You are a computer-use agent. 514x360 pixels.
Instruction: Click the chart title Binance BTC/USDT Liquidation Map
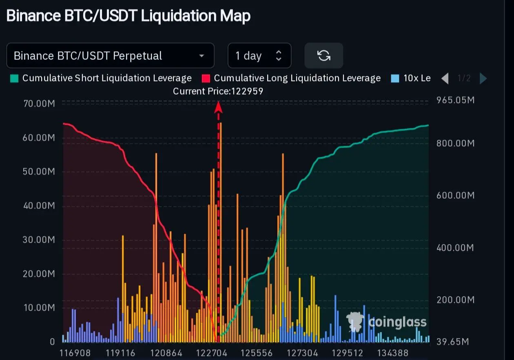coord(128,16)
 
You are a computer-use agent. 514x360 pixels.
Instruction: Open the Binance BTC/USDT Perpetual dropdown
coord(110,56)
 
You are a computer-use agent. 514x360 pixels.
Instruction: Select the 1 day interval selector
coord(259,56)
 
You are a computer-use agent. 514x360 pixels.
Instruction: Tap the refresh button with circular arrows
coord(324,56)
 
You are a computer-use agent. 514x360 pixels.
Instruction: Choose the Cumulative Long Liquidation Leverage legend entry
coord(292,78)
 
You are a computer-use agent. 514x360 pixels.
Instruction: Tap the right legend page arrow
coord(483,78)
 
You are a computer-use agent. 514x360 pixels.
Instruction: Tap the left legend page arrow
coord(445,78)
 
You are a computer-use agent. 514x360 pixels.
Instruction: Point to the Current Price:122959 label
coord(218,91)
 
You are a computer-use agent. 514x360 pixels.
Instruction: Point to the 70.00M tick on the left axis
coord(39,103)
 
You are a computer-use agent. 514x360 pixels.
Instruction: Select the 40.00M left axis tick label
coord(39,206)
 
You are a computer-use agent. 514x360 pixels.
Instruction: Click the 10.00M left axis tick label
coord(39,307)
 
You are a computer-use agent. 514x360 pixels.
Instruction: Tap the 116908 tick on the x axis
coord(75,353)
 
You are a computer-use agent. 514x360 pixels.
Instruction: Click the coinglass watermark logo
coord(387,323)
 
